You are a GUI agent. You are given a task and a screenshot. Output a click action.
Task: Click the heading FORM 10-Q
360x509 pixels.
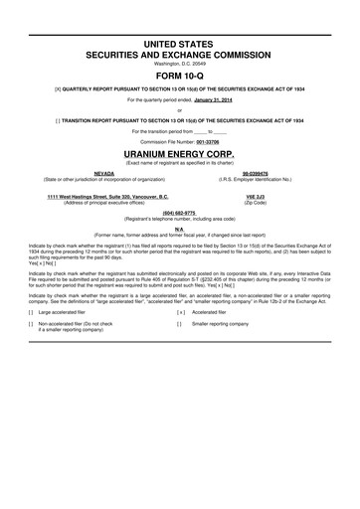pos(180,75)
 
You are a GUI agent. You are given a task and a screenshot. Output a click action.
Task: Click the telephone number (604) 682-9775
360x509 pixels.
pos(180,213)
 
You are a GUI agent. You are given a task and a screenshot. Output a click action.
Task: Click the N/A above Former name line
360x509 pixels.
pos(180,228)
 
